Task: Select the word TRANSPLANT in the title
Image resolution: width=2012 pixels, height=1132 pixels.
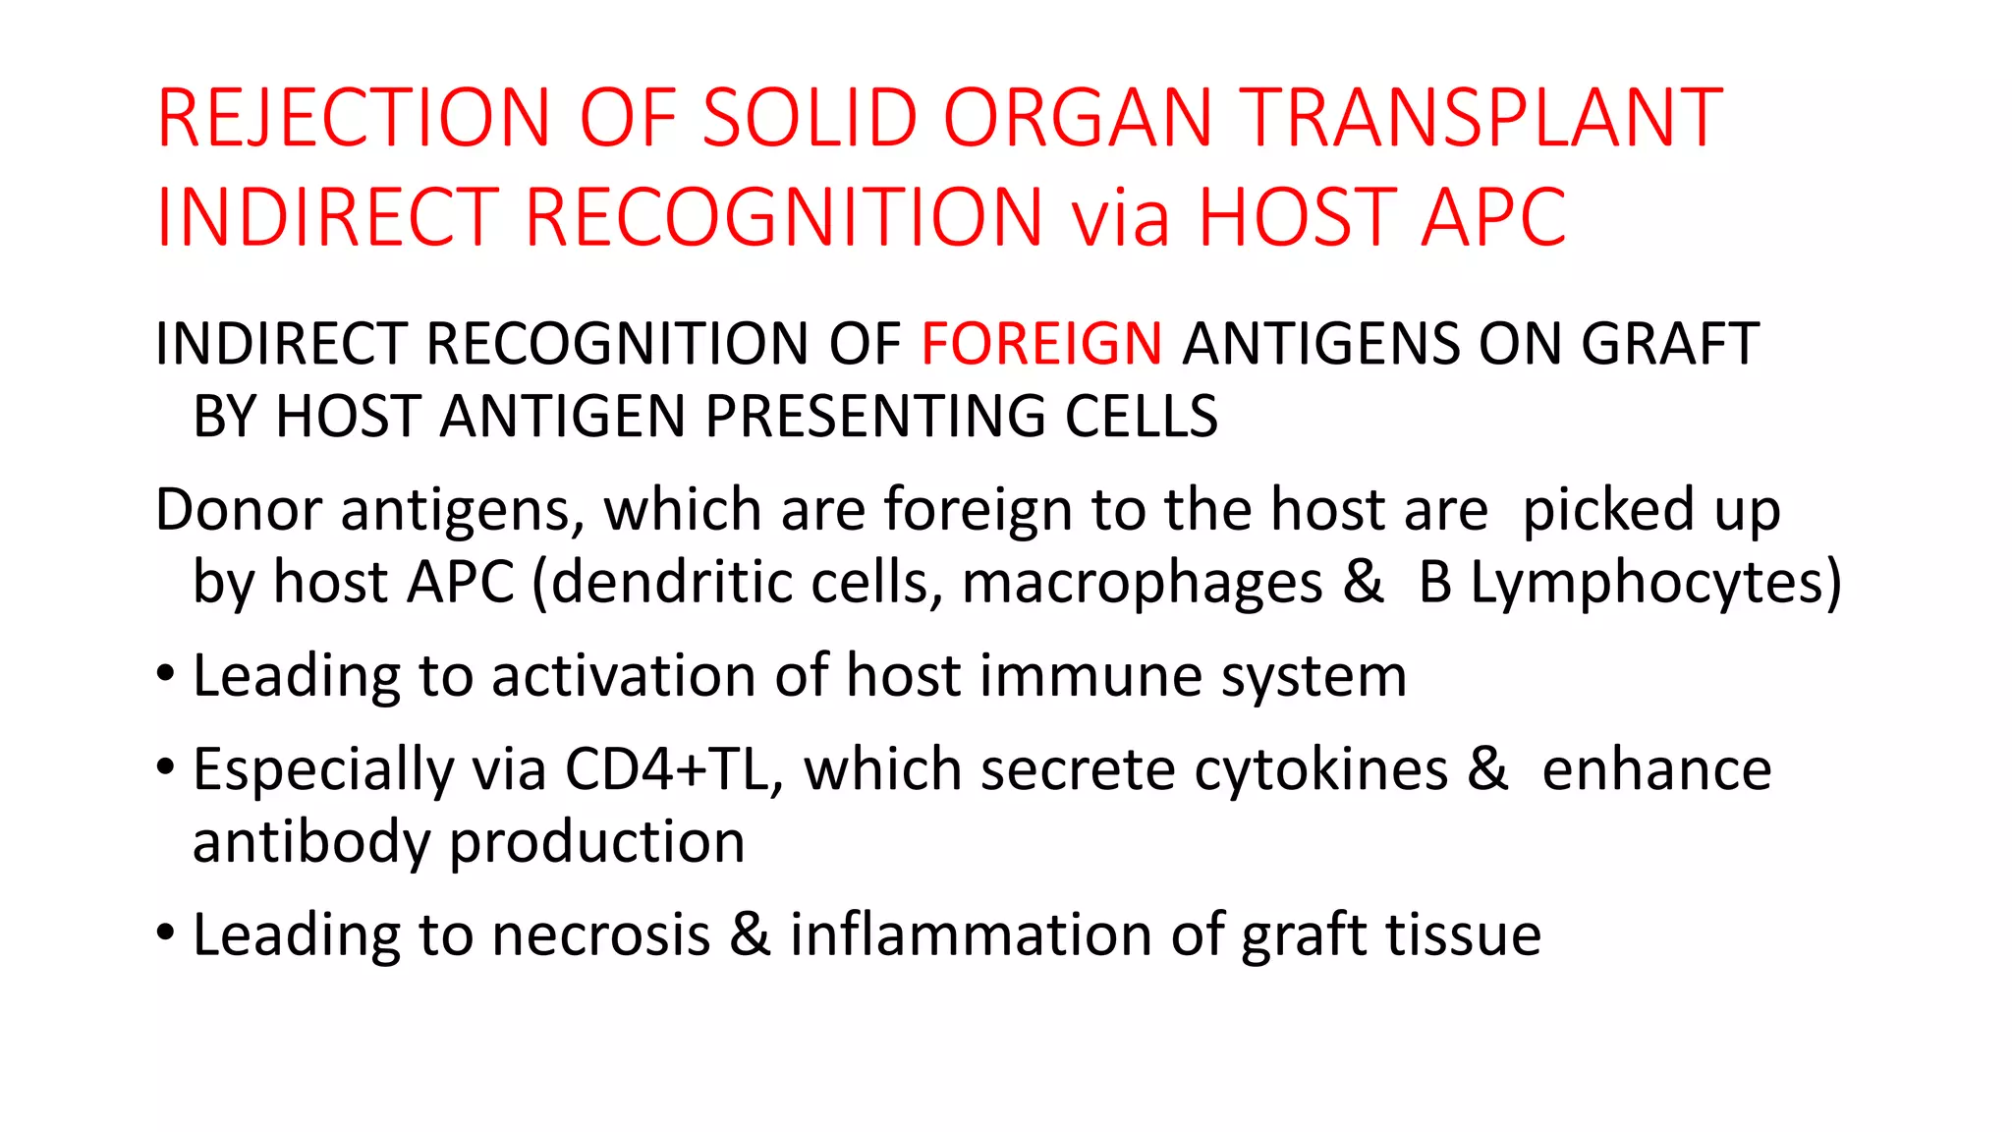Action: (1480, 119)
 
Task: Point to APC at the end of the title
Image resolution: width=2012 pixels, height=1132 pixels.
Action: (1493, 218)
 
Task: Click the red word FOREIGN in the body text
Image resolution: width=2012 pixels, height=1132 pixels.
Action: (1041, 344)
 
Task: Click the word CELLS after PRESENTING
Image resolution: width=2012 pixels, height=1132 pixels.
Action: (1142, 416)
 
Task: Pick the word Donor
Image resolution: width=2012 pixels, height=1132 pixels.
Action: (239, 510)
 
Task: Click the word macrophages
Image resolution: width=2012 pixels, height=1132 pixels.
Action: (1142, 584)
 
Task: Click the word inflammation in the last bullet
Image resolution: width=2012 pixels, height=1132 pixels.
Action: (970, 934)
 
